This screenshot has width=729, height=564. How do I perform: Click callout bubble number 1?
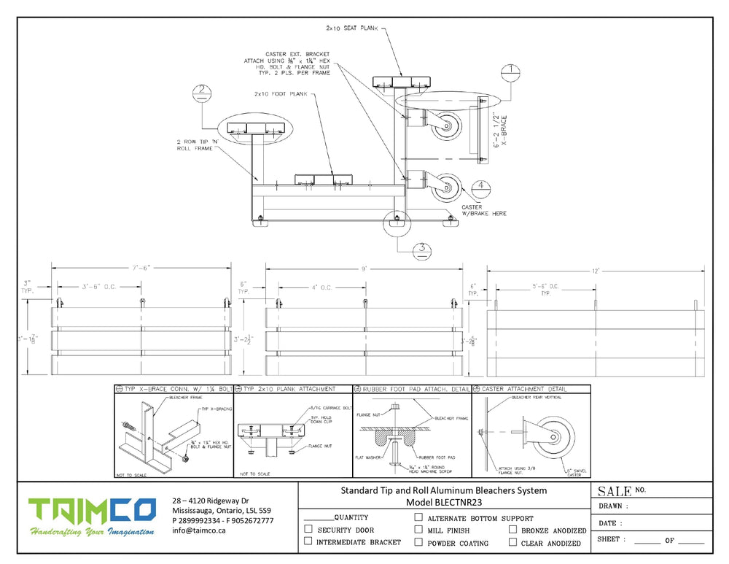tap(512, 72)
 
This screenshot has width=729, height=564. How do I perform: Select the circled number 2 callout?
tap(201, 93)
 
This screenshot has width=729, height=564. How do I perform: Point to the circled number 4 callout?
tap(481, 185)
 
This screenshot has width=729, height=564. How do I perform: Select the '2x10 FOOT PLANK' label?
tap(281, 94)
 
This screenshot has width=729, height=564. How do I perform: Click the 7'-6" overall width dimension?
tap(140, 267)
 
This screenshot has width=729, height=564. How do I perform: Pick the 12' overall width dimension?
tap(596, 271)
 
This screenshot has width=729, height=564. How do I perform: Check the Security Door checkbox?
tap(308, 530)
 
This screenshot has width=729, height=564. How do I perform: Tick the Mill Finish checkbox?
tap(418, 530)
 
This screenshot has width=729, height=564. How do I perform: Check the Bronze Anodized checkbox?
tap(513, 530)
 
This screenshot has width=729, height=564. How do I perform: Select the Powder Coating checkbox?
tap(418, 542)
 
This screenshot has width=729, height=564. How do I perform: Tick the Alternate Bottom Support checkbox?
tap(418, 517)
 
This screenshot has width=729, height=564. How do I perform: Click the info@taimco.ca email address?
tap(199, 530)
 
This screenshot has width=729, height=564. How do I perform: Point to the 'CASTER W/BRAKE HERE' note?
tap(483, 210)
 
